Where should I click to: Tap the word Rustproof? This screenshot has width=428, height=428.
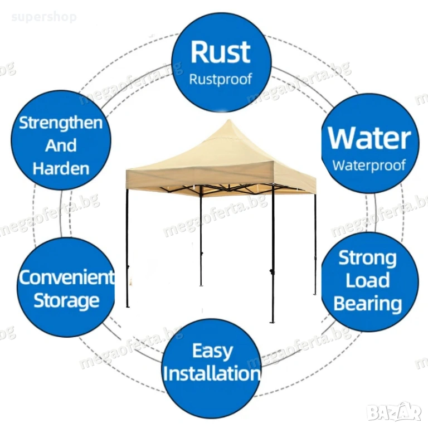[221, 79]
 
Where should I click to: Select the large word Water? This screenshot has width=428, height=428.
[369, 138]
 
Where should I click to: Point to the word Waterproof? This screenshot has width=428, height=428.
[369, 166]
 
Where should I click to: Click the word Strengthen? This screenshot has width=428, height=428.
[61, 123]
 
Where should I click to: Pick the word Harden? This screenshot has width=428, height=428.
[61, 168]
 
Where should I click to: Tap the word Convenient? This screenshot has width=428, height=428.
[66, 277]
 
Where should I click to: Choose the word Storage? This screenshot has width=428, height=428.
[66, 300]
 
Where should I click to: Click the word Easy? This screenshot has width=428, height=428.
[212, 351]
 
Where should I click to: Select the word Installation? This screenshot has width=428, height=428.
[212, 373]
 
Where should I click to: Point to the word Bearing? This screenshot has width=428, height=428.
[368, 304]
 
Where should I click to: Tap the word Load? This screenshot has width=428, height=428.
[368, 280]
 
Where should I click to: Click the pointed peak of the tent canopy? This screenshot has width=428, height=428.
[228, 121]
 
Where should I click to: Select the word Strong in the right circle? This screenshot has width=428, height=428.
[368, 257]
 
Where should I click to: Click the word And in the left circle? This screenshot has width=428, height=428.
[61, 146]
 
